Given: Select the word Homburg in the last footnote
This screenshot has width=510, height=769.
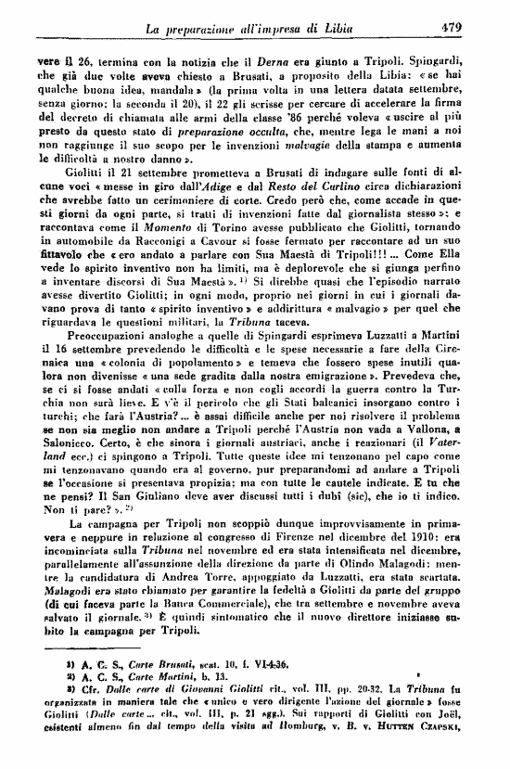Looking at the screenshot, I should click(313, 762).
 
